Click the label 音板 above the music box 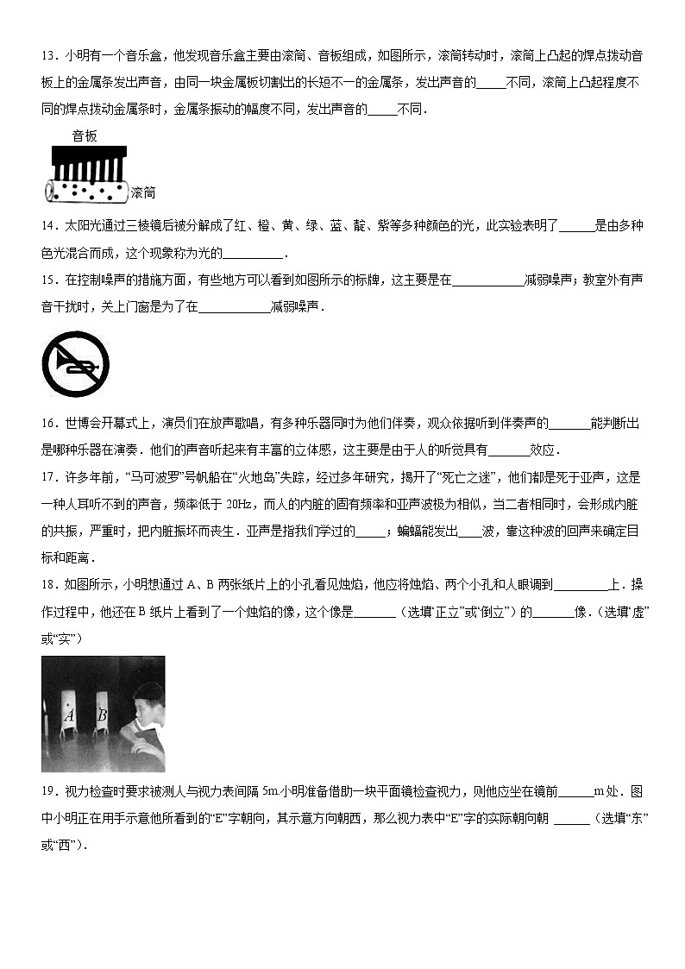click(85, 136)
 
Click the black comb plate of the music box click(91, 160)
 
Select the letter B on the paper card click(102, 714)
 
